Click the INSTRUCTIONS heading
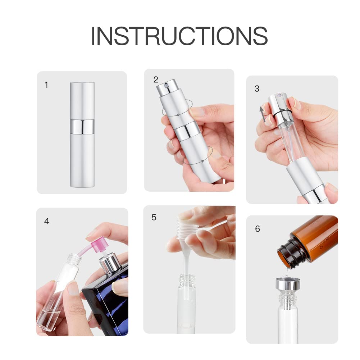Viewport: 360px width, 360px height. pos(179,36)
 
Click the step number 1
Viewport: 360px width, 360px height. pos(46,85)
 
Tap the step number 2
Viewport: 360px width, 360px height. pos(156,79)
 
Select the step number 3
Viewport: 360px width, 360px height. pos(257,88)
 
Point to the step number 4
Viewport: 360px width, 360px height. pos(46,221)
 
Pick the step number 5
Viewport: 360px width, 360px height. pos(154,217)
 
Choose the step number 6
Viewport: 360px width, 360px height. pos(258,229)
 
